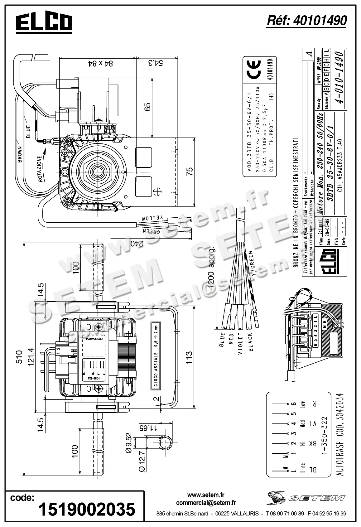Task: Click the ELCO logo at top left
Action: pyautogui.click(x=44, y=23)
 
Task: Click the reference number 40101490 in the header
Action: pyautogui.click(x=307, y=21)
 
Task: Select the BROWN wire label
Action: pyautogui.click(x=20, y=154)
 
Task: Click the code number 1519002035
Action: pyautogui.click(x=87, y=510)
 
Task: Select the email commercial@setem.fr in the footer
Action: pyautogui.click(x=206, y=503)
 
